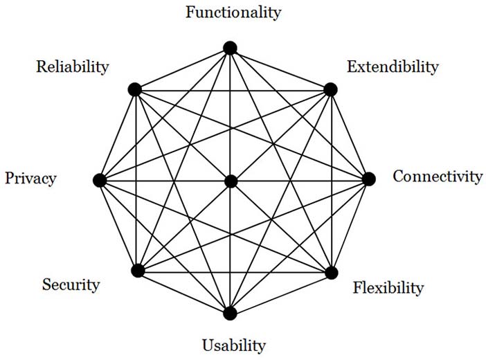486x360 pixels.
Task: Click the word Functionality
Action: tap(233, 12)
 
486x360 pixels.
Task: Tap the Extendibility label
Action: tap(393, 67)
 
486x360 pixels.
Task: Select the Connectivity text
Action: tap(438, 177)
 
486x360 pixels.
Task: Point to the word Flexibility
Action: tap(388, 288)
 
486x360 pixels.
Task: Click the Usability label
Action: tap(234, 345)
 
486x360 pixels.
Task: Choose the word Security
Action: tap(71, 285)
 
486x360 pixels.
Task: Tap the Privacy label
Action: tap(30, 179)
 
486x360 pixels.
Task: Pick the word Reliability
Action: tap(73, 67)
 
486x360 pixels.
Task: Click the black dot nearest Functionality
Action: tap(230, 48)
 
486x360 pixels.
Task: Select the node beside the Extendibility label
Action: tap(330, 89)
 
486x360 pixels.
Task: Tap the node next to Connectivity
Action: tap(369, 179)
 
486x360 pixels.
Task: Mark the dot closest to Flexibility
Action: tap(332, 273)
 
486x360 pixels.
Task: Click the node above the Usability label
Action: tap(230, 313)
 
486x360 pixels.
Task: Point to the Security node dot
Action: tap(138, 271)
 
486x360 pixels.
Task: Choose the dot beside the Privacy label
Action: tap(100, 181)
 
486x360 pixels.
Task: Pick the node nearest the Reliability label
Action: tap(135, 90)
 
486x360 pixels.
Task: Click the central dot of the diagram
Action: tap(231, 181)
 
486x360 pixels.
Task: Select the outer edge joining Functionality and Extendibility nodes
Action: tap(280, 69)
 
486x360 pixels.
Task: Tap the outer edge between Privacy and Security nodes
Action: tap(118, 226)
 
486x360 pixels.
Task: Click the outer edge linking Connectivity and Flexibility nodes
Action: tap(350, 226)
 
